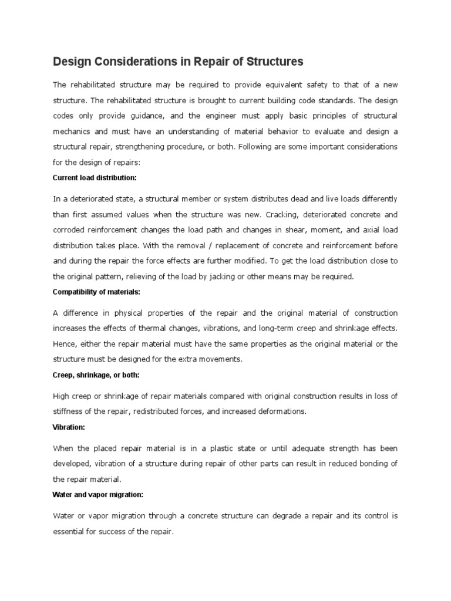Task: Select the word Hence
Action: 63,343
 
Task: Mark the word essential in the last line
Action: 70,531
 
